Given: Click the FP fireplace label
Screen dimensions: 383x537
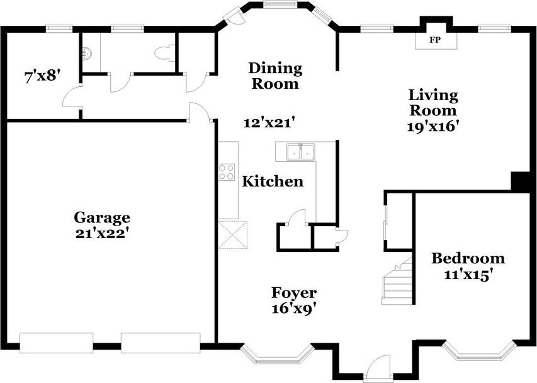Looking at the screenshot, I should click(x=434, y=40).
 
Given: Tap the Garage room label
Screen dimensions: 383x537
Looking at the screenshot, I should click(x=102, y=217).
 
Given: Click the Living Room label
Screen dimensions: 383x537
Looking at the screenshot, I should click(x=433, y=103).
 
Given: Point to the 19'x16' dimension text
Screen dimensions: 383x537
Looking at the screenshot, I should click(x=433, y=125).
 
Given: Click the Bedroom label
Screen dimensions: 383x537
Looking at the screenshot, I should click(x=468, y=258).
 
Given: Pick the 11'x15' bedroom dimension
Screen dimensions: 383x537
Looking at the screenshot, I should click(x=468, y=274).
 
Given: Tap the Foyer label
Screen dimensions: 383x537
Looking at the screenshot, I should click(x=294, y=293).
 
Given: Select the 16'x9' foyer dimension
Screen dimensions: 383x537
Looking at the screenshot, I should click(x=294, y=309).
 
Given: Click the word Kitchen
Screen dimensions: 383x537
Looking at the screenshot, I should click(x=273, y=182).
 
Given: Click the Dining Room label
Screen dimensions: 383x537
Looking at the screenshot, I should click(x=275, y=76).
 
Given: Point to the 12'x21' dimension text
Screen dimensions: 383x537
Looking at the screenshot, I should click(x=269, y=123).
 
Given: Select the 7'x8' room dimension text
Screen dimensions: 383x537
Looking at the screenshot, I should click(x=42, y=77).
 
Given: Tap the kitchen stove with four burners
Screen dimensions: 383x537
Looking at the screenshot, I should click(x=227, y=172).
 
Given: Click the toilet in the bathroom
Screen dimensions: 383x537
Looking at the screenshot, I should click(x=166, y=54).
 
